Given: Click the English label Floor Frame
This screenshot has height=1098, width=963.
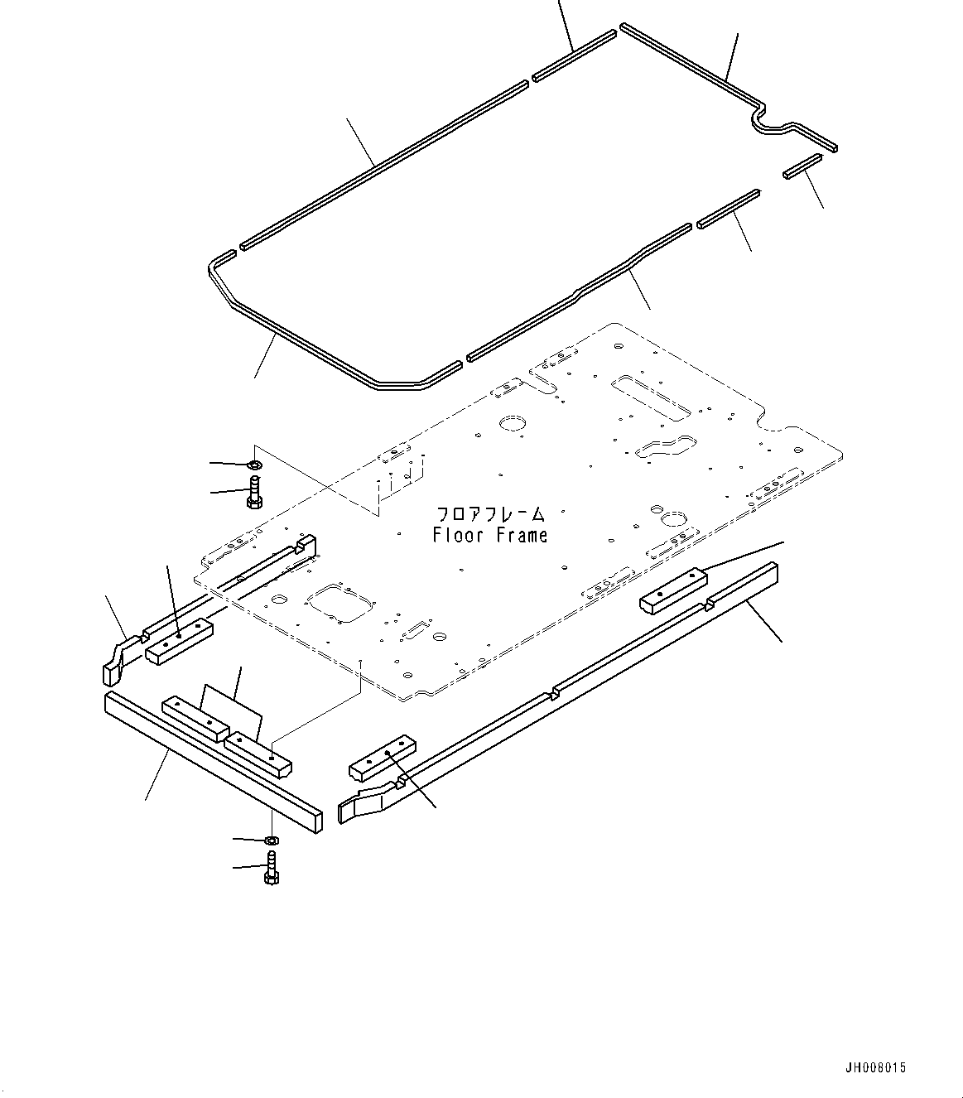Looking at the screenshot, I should click(490, 536).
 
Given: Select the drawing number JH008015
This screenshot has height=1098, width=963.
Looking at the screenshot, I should click(876, 1067).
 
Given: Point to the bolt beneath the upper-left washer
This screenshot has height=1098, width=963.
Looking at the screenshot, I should click(253, 491).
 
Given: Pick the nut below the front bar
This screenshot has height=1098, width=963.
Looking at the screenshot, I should click(271, 840).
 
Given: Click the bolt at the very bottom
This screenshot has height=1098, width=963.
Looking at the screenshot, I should click(271, 869).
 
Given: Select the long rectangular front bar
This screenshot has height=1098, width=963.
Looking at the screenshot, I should click(210, 763).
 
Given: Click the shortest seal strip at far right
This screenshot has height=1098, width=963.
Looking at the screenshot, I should click(802, 166).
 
